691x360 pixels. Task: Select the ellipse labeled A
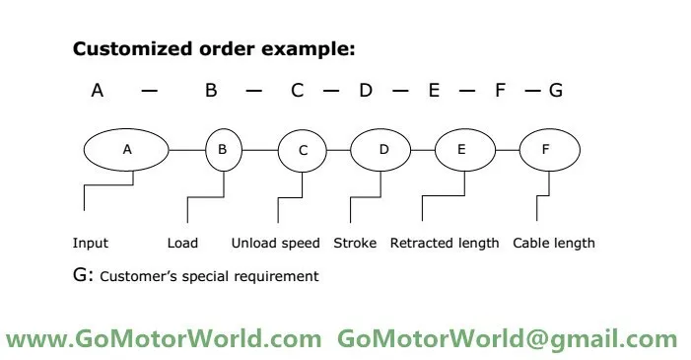point(127,150)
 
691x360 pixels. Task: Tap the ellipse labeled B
point(223,150)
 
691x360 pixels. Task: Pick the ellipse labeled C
point(304,150)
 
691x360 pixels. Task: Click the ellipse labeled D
point(384,150)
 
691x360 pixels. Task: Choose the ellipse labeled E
point(463,150)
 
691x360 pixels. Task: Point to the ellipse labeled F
point(548,150)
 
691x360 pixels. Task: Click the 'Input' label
point(91,243)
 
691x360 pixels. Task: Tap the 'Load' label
point(182,243)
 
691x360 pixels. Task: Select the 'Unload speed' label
point(275,243)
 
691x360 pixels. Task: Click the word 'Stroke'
point(355,243)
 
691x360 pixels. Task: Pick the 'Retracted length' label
point(445,243)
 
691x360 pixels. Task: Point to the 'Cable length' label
point(554,243)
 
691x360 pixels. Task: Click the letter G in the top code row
point(556,91)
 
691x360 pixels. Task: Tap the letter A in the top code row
point(98,91)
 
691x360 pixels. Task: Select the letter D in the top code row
point(366,91)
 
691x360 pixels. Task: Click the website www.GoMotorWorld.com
point(164,339)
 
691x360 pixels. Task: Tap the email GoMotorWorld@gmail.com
point(508,339)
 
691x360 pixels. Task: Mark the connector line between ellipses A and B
point(187,150)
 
